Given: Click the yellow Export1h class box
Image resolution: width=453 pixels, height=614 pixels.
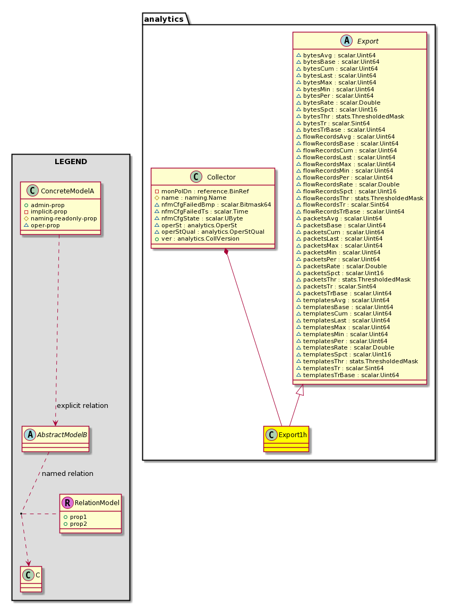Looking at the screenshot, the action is (x=286, y=439).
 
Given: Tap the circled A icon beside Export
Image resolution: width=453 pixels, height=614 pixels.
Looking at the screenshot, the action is (x=346, y=41).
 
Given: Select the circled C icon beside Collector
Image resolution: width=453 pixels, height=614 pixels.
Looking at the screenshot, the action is (x=196, y=177).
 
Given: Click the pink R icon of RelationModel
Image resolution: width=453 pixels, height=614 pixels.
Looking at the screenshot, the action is (x=67, y=502).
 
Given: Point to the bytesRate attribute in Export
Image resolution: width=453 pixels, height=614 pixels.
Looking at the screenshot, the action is (x=338, y=103).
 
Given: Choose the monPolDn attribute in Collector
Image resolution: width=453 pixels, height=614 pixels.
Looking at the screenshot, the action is (x=202, y=191).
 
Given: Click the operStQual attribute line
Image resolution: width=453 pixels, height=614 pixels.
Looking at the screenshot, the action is (x=209, y=232).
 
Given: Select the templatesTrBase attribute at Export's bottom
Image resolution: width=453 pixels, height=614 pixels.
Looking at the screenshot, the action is (x=348, y=375).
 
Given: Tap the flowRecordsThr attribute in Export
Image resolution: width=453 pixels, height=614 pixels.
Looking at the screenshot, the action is (x=360, y=198).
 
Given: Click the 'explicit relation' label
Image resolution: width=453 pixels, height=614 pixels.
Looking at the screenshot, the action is (x=82, y=406).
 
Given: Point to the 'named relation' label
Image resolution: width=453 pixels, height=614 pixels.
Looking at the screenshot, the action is (x=67, y=473).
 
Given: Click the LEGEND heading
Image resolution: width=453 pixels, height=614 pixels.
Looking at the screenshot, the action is (x=71, y=161).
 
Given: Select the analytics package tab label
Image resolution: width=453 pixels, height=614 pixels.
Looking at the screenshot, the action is (x=164, y=19).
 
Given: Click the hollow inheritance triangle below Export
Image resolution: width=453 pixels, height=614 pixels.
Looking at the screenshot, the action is (x=300, y=390).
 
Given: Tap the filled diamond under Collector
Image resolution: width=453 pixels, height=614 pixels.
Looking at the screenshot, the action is (x=226, y=251).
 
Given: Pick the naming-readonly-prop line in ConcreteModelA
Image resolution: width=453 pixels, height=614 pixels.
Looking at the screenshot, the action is (x=61, y=218).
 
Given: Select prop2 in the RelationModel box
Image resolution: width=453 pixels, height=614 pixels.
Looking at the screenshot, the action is (x=75, y=524).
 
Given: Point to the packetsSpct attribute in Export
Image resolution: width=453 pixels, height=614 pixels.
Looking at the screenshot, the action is (x=340, y=273).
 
